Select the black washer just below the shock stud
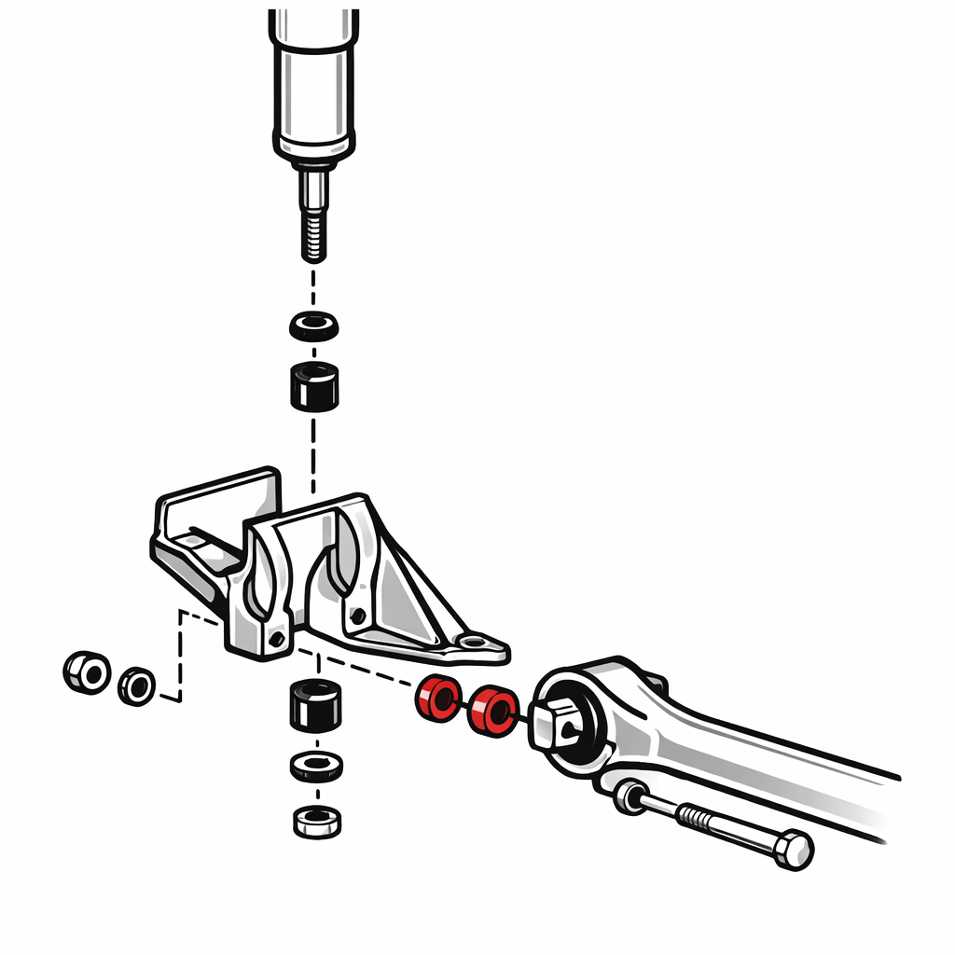pos(313,326)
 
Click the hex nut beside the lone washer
pos(87,671)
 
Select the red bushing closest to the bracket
pos(437,699)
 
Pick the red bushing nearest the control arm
pos(491,711)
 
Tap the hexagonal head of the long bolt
pos(793,850)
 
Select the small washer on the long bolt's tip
pos(630,797)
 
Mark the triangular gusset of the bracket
pos(410,597)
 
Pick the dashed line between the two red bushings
pos(464,705)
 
